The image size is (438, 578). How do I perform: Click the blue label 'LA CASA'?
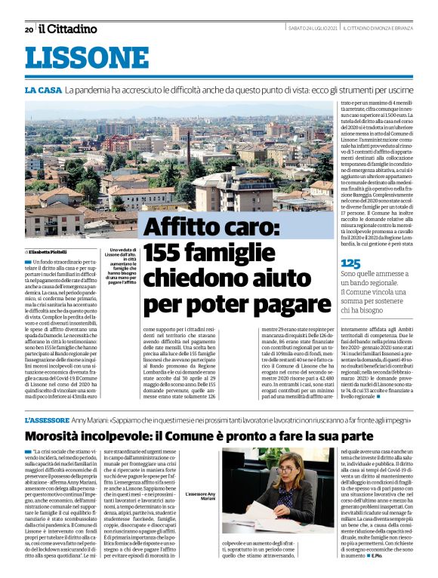click(x=42, y=91)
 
